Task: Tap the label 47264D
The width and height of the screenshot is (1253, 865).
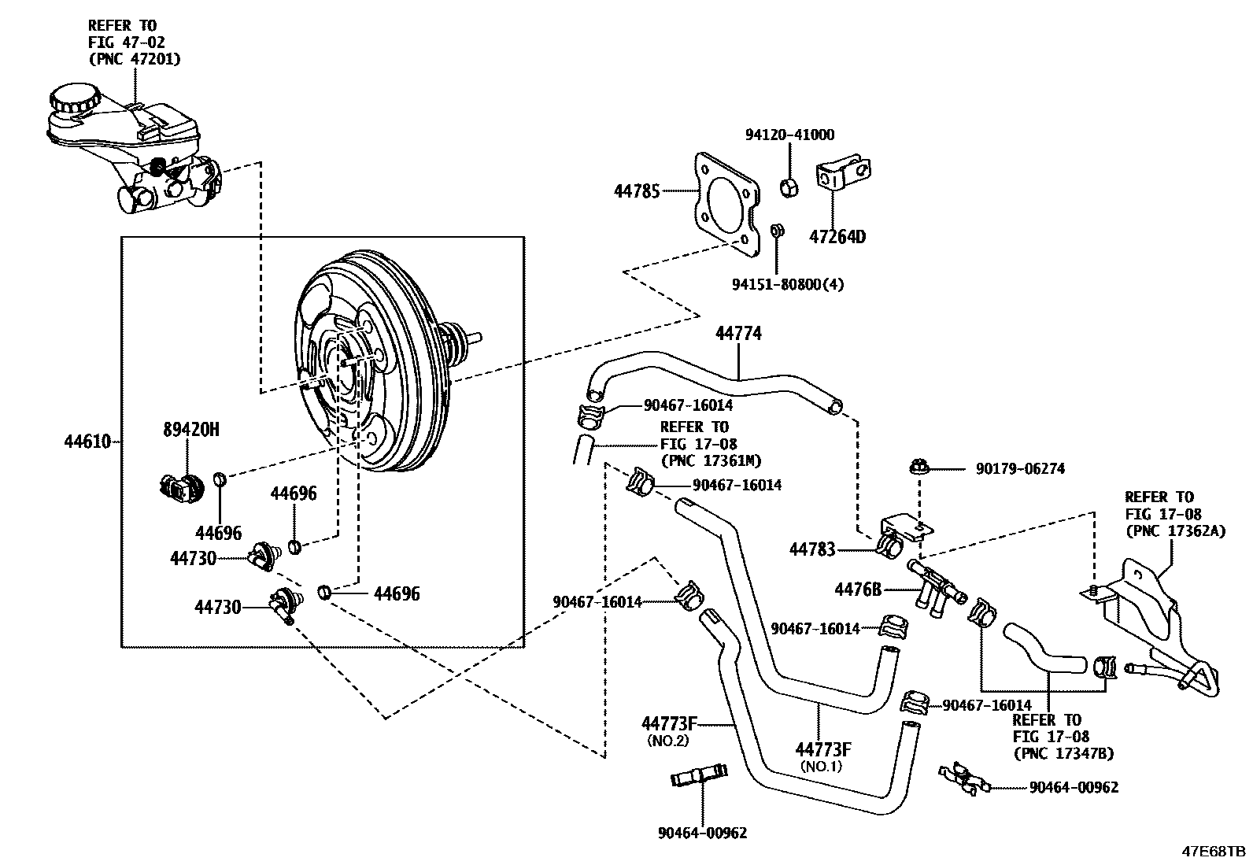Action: click(837, 236)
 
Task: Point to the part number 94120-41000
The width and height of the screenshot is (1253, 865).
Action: click(789, 135)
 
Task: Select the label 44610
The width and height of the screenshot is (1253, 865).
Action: click(87, 442)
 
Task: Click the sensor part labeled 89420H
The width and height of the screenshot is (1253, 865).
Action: click(181, 489)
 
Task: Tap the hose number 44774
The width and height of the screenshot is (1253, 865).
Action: click(738, 334)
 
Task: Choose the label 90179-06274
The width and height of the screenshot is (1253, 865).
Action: click(1020, 469)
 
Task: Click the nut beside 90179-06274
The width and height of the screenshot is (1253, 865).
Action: click(918, 468)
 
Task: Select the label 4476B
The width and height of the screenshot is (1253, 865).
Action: click(858, 588)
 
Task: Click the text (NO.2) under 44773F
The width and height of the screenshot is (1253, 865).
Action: click(667, 741)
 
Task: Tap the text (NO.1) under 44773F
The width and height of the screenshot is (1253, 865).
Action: click(821, 766)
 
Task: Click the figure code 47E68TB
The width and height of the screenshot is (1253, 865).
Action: click(1212, 852)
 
